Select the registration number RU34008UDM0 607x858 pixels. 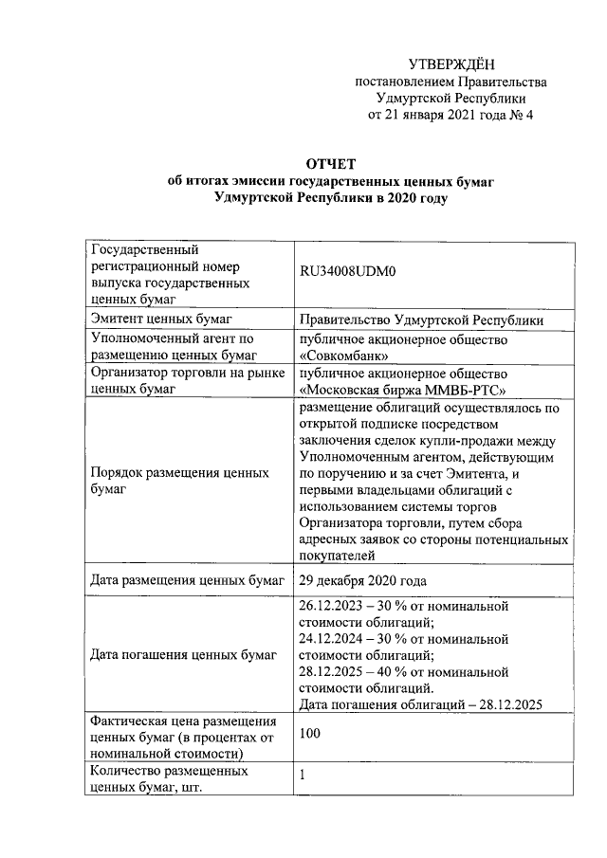click(346, 271)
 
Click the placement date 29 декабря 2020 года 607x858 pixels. click(362, 580)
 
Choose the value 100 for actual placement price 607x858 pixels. click(309, 733)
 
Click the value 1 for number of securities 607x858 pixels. click(303, 776)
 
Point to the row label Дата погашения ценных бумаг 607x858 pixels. click(182, 654)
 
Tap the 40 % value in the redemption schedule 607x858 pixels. click(394, 671)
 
